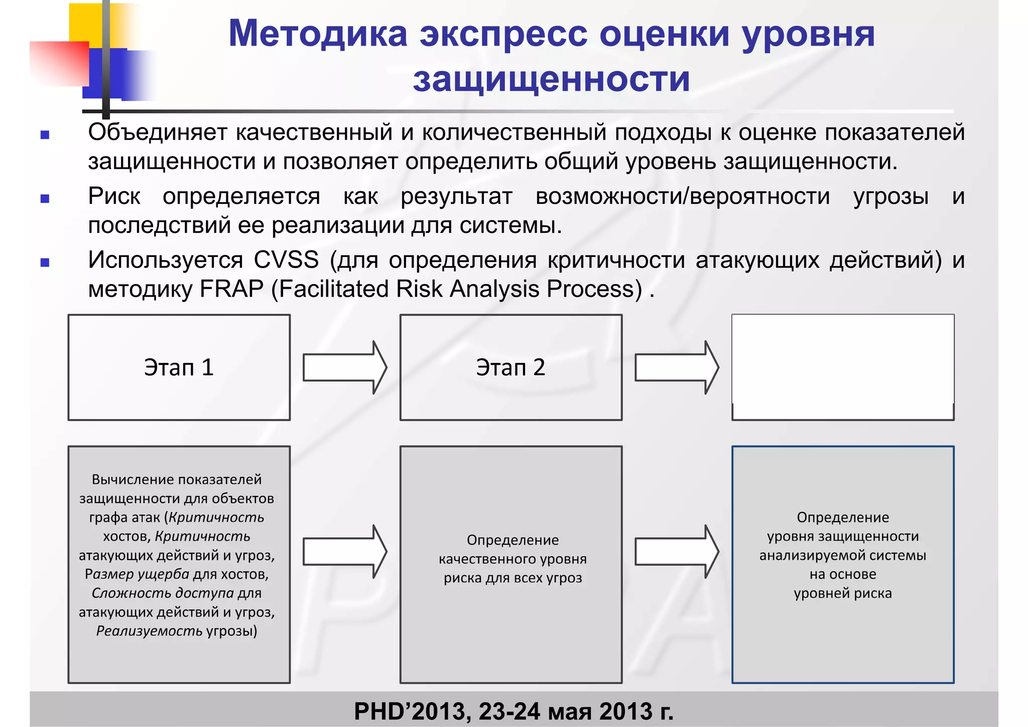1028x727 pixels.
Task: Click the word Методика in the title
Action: [x=317, y=34]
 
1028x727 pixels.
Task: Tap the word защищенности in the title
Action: [x=551, y=79]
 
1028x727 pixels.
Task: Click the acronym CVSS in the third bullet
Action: [x=286, y=260]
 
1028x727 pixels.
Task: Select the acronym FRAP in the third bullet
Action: [x=231, y=289]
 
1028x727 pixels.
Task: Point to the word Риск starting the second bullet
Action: [x=114, y=196]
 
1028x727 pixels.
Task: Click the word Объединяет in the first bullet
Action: [x=158, y=133]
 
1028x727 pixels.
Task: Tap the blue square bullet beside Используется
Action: [x=45, y=262]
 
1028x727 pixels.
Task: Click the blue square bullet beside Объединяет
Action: [x=45, y=135]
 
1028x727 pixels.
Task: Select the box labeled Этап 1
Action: [x=179, y=367]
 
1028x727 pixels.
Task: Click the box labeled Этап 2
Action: [x=510, y=367]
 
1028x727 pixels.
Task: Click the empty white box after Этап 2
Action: [x=842, y=367]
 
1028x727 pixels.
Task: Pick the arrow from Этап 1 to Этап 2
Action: [x=345, y=367]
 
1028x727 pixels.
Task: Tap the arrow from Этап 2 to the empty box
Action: [x=677, y=367]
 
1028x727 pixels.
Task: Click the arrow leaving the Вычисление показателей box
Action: [x=345, y=551]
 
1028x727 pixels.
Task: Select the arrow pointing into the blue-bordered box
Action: [x=677, y=551]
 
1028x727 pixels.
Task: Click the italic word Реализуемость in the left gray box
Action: [x=149, y=631]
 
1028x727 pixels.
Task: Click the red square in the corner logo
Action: [x=59, y=63]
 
